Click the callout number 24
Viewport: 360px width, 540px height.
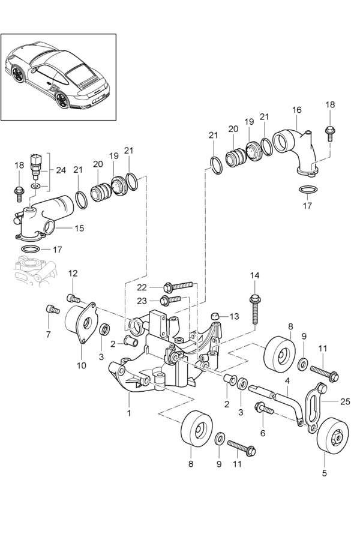point(61,170)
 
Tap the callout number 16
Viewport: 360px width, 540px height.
point(296,110)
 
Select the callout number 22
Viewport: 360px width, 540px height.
point(142,287)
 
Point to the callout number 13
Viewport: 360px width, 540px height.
point(234,316)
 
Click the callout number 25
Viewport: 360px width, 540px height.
point(345,401)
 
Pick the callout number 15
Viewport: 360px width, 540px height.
point(79,228)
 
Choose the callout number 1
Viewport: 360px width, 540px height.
point(129,413)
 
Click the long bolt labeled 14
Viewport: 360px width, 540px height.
point(254,309)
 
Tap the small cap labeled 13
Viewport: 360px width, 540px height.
point(215,316)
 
